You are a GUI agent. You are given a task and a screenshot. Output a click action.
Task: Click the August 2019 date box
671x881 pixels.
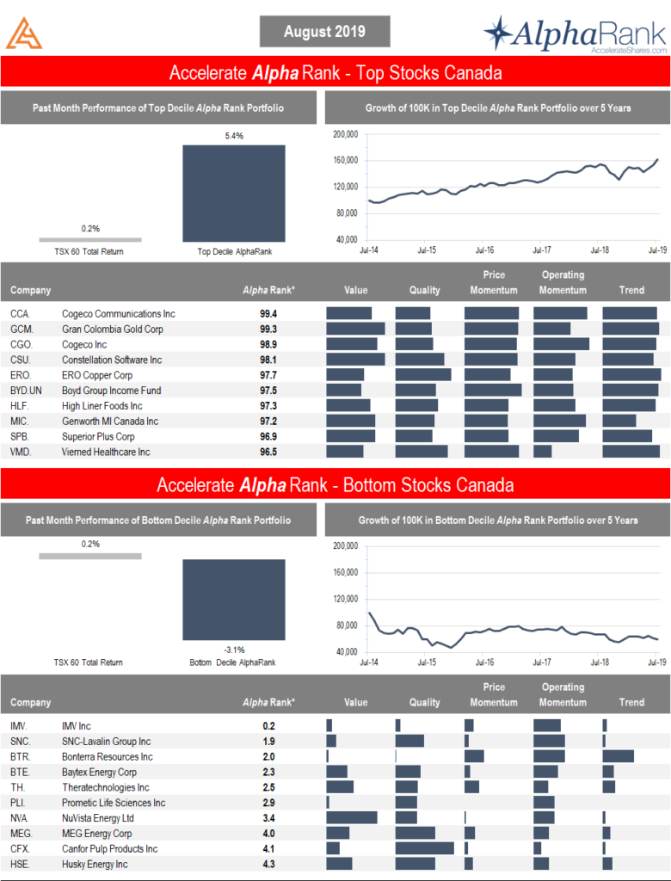(324, 32)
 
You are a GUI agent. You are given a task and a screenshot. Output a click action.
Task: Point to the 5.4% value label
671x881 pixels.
(233, 136)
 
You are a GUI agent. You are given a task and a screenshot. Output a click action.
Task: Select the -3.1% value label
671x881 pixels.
(233, 650)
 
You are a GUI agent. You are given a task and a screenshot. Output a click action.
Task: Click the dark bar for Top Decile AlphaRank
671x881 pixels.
(233, 194)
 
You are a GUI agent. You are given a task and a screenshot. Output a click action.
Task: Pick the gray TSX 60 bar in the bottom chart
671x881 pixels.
(89, 555)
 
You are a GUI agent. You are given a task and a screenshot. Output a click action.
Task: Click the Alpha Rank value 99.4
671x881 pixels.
(268, 314)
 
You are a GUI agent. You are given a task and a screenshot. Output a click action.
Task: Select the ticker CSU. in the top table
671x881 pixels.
(21, 360)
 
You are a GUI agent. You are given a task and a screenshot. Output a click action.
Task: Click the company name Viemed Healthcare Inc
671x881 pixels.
(105, 452)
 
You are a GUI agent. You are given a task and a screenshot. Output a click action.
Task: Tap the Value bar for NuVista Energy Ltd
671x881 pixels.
(351, 817)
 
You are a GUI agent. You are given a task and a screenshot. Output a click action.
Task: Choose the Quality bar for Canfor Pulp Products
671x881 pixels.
(424, 848)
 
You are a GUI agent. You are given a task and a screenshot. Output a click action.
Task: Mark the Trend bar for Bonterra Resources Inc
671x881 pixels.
(618, 756)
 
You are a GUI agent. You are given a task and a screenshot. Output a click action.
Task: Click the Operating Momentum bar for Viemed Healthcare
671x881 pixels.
(542, 452)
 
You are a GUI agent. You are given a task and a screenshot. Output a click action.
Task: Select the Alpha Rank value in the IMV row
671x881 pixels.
(268, 725)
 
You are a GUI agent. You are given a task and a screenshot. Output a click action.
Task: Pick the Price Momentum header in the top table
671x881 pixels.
(493, 282)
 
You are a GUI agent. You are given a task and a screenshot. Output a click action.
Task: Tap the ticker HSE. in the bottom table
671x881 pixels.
(21, 864)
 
